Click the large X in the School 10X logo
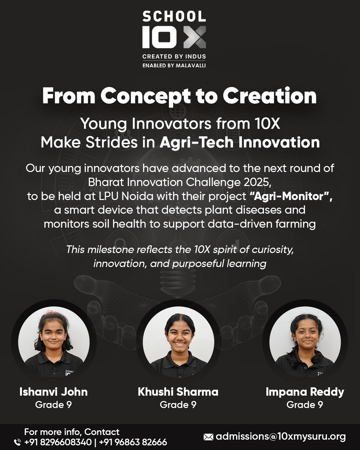pyautogui.click(x=195, y=37)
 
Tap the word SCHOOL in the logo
pyautogui.click(x=174, y=17)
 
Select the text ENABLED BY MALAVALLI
pyautogui.click(x=174, y=65)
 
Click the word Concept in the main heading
pyautogui.click(x=146, y=96)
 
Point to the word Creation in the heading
pyautogui.click(x=269, y=95)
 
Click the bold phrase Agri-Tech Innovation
pyautogui.click(x=240, y=142)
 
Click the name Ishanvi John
pyautogui.click(x=54, y=392)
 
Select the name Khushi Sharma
pyautogui.click(x=178, y=392)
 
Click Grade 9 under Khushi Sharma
pyautogui.click(x=178, y=405)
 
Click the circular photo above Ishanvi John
pyautogui.click(x=54, y=342)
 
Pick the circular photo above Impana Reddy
pyautogui.click(x=305, y=342)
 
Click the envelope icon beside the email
pyautogui.click(x=208, y=437)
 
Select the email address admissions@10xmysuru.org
pyautogui.click(x=281, y=437)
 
